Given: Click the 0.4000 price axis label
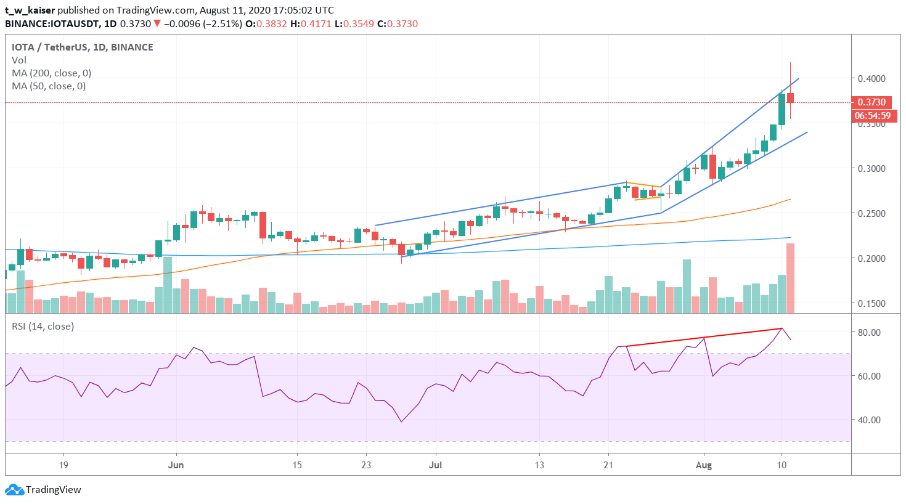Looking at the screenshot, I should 871,79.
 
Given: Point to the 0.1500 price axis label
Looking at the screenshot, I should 871,304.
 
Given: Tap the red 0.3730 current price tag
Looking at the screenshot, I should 871,102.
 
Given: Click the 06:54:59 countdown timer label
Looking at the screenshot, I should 872,116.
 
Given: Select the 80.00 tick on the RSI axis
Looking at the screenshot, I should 869,333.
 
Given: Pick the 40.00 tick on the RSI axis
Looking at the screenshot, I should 869,420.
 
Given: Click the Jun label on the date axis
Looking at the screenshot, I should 176,465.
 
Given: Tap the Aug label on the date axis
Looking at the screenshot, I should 703,465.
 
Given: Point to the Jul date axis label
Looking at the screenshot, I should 435,465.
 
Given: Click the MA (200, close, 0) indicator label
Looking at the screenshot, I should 51,73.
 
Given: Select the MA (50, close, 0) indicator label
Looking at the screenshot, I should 49,86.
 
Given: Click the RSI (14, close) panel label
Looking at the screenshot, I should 43,327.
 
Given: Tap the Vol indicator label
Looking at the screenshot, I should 19,60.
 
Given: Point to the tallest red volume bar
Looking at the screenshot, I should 790,278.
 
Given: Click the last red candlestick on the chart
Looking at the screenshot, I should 790,97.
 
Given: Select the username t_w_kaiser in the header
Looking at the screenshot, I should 30,10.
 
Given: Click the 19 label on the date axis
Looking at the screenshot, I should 63,465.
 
